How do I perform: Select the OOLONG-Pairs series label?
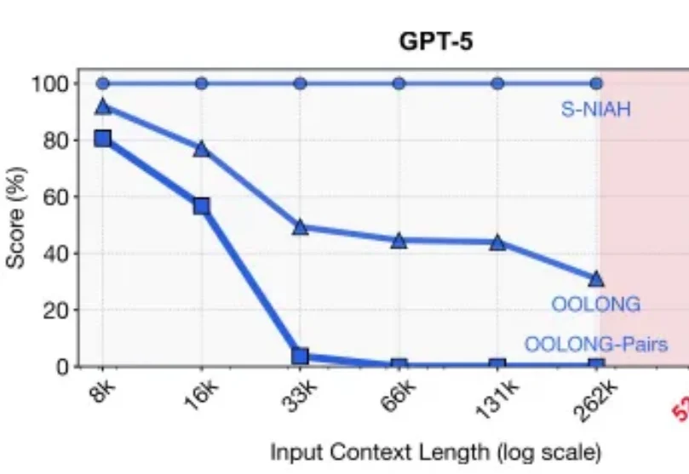coord(595,344)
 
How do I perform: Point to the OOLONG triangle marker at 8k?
coord(103,106)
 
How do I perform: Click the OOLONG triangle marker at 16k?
coord(202,149)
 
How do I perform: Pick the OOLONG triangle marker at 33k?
coord(300,227)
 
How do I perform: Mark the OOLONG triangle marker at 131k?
coord(497,242)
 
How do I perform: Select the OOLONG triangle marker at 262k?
coord(596,278)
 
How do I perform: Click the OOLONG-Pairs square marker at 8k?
coord(103,138)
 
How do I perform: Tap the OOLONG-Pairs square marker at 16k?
coord(202,206)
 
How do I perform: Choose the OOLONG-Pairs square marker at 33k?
coord(300,356)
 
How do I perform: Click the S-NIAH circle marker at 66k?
coord(399,83)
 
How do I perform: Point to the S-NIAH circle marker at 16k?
coord(202,83)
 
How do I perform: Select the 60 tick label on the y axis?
coord(53,197)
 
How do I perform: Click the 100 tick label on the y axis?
coord(49,83)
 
